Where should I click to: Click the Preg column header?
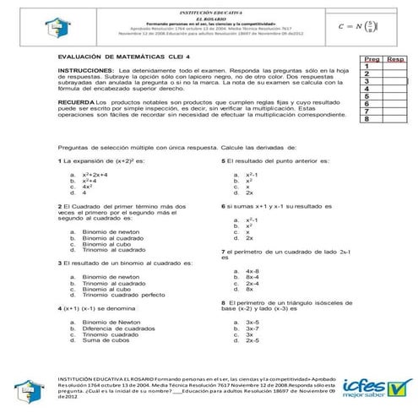[x=370, y=61]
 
